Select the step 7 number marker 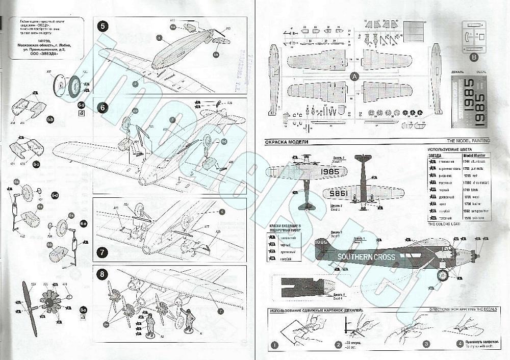point(103,252)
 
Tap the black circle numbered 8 point(103,274)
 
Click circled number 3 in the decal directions point(425,344)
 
